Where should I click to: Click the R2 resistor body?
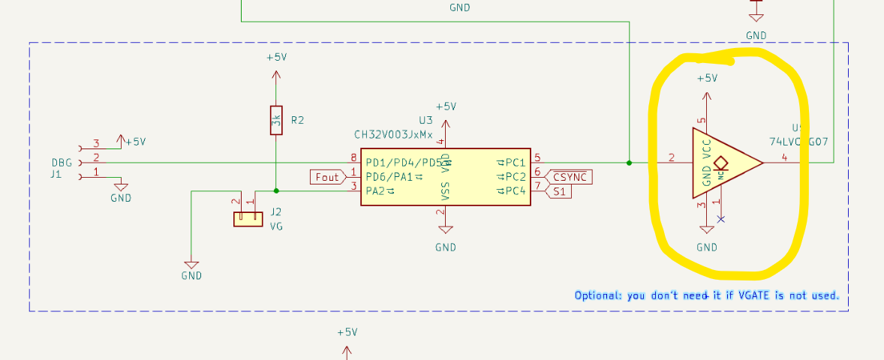(x=276, y=120)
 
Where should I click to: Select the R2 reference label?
(x=297, y=120)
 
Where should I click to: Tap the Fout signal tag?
(x=327, y=177)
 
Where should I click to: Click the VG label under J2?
(x=276, y=225)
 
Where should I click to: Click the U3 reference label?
(x=425, y=120)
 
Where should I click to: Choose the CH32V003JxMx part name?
(x=393, y=135)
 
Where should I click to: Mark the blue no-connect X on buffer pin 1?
(x=721, y=219)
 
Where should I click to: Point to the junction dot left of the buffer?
(x=629, y=162)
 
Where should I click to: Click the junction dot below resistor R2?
(x=276, y=190)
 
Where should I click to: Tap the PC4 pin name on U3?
(x=515, y=192)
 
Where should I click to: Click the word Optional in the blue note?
(x=597, y=295)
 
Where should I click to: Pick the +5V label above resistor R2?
(x=276, y=58)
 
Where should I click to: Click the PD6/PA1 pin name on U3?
(x=389, y=177)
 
